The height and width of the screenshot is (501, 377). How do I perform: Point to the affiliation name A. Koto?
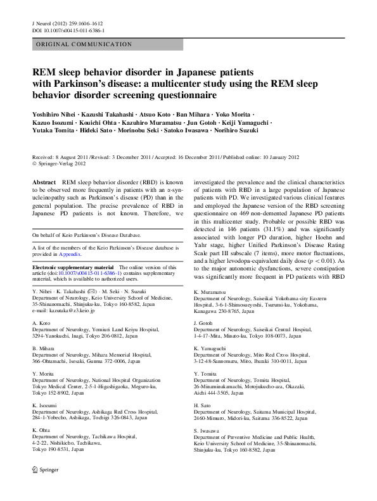(41, 323)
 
